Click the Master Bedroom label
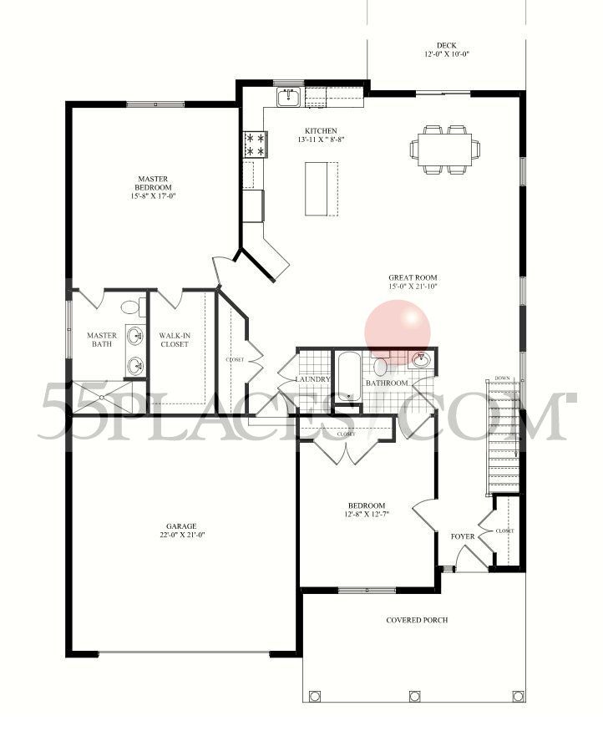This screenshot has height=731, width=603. coord(155,182)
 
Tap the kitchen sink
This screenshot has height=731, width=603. coord(290,98)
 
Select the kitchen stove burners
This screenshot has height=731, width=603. coord(255,145)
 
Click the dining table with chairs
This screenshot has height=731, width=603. coord(440,149)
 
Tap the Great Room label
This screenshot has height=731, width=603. coord(413,278)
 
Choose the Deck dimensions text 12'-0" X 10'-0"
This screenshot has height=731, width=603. coord(446,56)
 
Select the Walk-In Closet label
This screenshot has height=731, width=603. coord(175,340)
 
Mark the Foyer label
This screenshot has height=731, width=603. coord(463,536)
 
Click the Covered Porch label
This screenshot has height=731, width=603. coord(417,620)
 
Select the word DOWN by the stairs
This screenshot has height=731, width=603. coord(502,378)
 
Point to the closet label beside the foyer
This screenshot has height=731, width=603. coord(504,530)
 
